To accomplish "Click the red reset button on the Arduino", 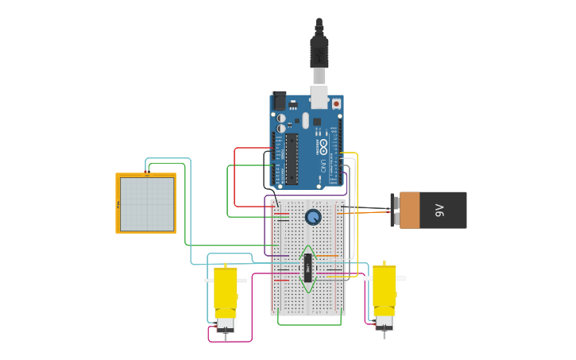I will click(x=336, y=103).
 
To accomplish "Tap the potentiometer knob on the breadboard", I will click(x=313, y=216).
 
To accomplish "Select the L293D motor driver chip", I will click(x=307, y=268).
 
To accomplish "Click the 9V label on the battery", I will click(x=439, y=211).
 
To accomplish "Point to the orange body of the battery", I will click(x=409, y=210).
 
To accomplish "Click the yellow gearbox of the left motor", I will click(x=225, y=289).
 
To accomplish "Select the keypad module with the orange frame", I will click(x=146, y=203).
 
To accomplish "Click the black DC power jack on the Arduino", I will click(x=279, y=100).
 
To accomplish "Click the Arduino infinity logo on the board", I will click(x=323, y=147).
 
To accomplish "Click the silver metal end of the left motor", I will click(x=225, y=323).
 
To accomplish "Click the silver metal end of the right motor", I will click(x=385, y=322).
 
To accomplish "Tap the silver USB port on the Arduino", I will click(x=319, y=96).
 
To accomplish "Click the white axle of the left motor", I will click(x=209, y=280).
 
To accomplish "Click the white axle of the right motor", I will click(x=401, y=278).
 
